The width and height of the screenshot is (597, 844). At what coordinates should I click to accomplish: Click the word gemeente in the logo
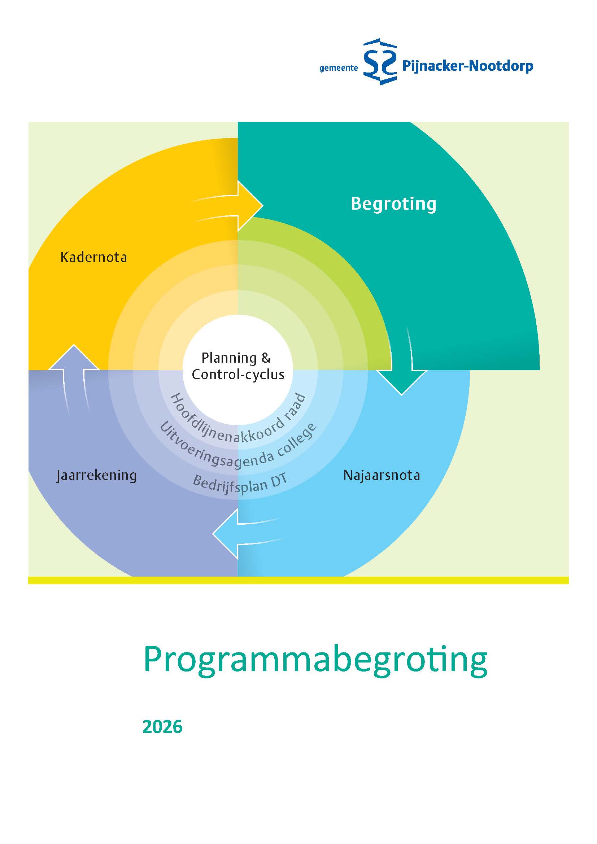click(338, 68)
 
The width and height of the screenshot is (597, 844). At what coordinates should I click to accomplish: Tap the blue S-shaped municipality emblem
click(380, 62)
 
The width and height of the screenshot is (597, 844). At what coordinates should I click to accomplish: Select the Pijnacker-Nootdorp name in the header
click(467, 66)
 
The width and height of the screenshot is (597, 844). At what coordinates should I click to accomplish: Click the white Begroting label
click(393, 204)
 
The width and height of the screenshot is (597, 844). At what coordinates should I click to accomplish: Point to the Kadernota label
click(94, 257)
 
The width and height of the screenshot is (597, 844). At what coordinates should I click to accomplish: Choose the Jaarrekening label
click(96, 475)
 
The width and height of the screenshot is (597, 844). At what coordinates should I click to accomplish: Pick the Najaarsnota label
click(382, 475)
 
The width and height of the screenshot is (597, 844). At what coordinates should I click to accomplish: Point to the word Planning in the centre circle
click(228, 358)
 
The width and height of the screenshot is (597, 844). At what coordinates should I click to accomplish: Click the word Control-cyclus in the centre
click(238, 375)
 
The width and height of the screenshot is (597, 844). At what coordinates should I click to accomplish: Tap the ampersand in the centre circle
click(266, 358)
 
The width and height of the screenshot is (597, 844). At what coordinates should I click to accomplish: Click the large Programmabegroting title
click(315, 661)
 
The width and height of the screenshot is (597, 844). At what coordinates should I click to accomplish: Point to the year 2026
click(162, 727)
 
